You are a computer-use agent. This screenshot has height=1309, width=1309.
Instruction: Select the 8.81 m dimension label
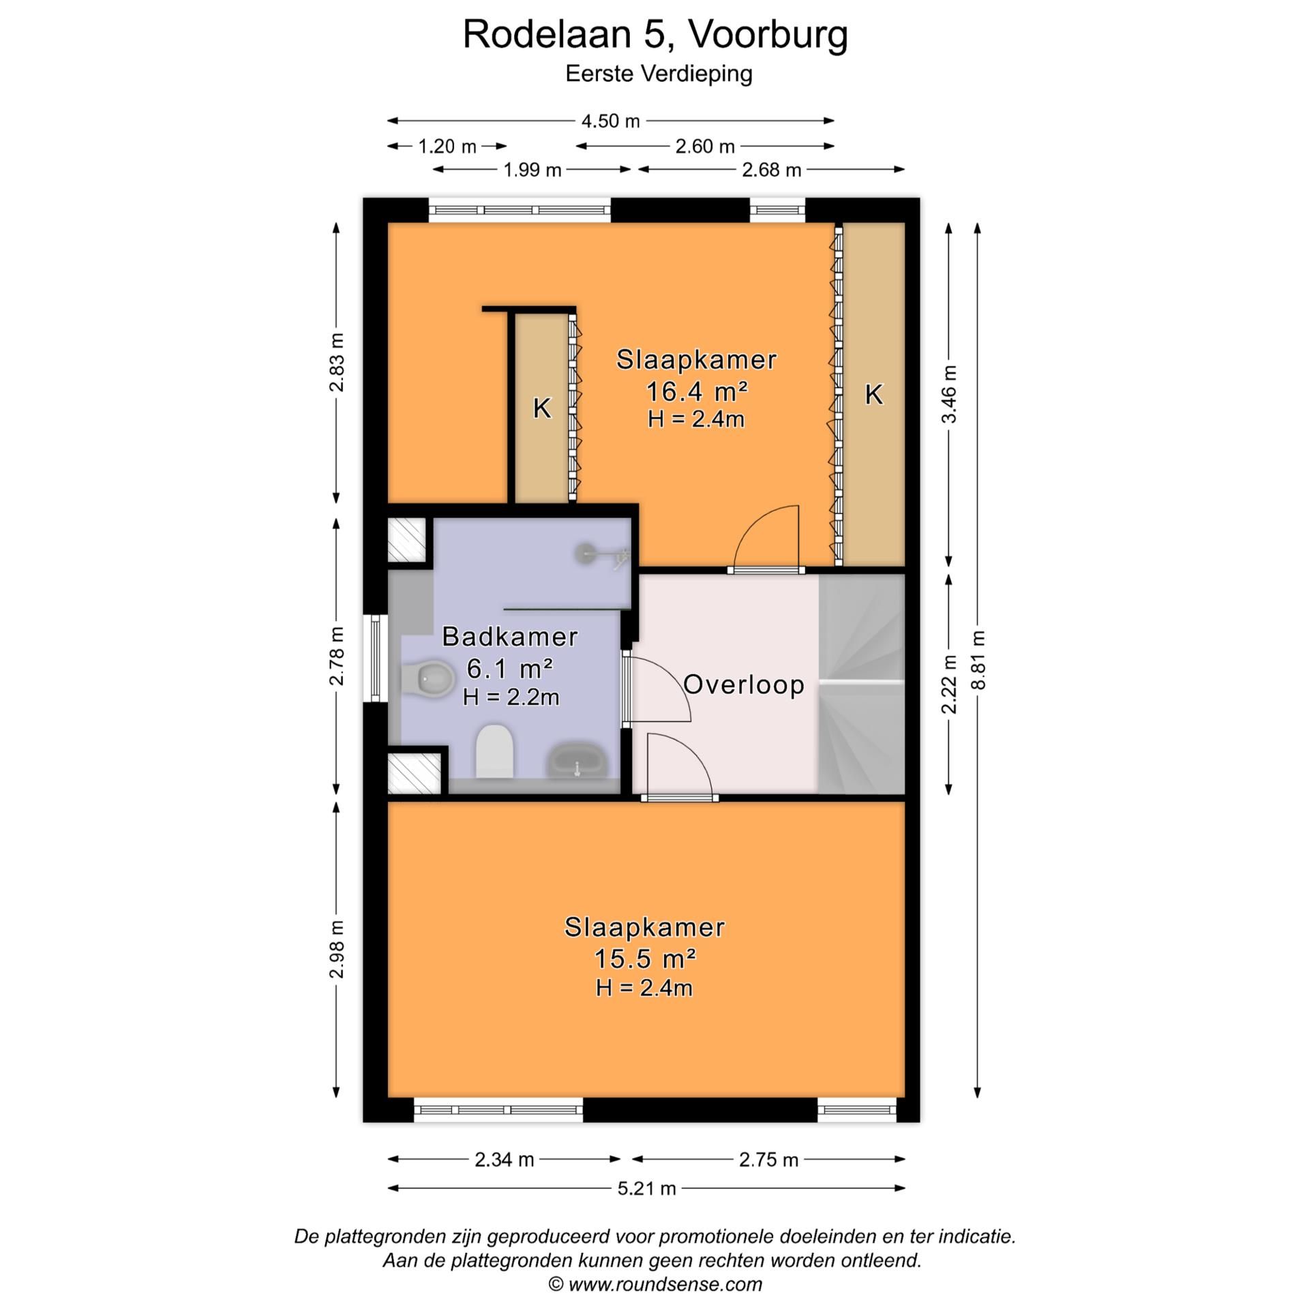tap(978, 660)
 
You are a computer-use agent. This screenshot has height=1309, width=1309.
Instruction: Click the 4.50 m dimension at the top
tap(610, 121)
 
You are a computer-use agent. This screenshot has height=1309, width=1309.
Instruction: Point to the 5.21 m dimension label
tap(646, 1188)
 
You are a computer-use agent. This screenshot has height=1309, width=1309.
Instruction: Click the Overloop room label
tap(743, 684)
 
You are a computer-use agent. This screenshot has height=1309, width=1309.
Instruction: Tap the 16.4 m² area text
tap(696, 392)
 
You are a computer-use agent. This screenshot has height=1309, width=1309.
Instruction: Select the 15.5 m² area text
tap(644, 959)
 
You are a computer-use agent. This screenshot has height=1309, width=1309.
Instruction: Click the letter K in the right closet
tap(873, 394)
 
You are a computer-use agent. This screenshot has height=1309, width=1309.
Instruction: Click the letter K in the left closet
tap(541, 408)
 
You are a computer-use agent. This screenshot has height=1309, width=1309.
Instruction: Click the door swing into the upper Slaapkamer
tap(767, 539)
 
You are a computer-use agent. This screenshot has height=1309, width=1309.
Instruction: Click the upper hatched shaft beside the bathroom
tap(407, 540)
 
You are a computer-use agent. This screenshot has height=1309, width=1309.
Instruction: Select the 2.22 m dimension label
tap(949, 684)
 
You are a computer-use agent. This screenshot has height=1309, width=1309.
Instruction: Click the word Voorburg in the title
tap(767, 34)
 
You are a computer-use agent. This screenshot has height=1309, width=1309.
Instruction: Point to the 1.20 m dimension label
tap(447, 146)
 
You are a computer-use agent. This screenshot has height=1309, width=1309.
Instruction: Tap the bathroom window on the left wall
tap(375, 658)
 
